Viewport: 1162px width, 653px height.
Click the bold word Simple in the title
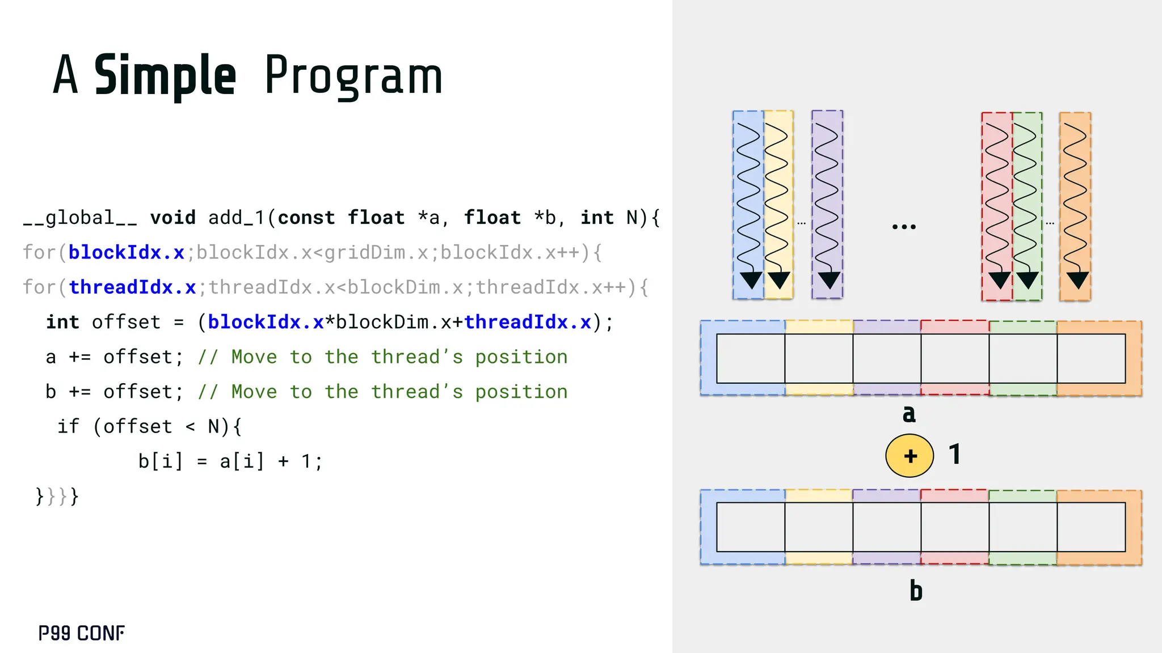(x=165, y=75)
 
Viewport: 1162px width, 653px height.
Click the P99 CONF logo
(x=81, y=633)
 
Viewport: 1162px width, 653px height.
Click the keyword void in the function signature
(x=172, y=218)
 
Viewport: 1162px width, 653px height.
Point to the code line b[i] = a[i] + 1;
(x=230, y=461)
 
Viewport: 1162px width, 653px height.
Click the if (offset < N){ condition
(x=149, y=426)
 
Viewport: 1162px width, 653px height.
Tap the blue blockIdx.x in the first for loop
(x=126, y=252)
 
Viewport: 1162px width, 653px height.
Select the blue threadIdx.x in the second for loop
(x=132, y=287)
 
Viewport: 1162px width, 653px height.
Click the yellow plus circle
(x=910, y=456)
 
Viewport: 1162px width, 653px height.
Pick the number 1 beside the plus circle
(x=955, y=454)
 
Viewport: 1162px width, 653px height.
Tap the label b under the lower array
(x=916, y=591)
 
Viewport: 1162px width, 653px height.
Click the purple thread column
(x=827, y=204)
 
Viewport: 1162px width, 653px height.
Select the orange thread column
(x=1075, y=206)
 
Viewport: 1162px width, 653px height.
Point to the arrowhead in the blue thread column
(x=751, y=279)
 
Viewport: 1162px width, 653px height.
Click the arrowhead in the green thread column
(x=1027, y=279)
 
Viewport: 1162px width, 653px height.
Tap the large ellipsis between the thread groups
(x=903, y=227)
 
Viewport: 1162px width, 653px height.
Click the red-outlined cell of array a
(x=955, y=358)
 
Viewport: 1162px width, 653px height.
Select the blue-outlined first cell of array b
(x=750, y=527)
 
